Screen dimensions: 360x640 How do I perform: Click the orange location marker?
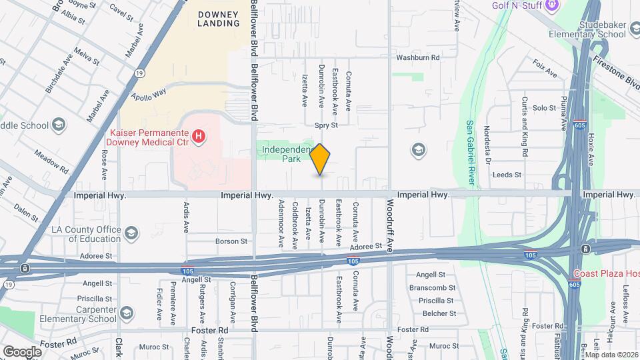[x=320, y=159]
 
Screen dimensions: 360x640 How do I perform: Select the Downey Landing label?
[x=218, y=18]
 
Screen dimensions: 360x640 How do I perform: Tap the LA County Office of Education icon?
[x=131, y=233]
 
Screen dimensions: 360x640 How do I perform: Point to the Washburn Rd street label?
[x=418, y=58]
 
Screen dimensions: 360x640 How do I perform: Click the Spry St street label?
[x=326, y=125]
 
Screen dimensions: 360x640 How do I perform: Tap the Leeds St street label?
[x=507, y=175]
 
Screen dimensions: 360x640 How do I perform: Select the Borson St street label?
[x=232, y=241]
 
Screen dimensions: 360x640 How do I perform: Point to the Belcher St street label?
[x=439, y=313]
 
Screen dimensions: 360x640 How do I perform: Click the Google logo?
[x=22, y=351]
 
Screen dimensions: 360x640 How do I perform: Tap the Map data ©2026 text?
[x=609, y=355]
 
